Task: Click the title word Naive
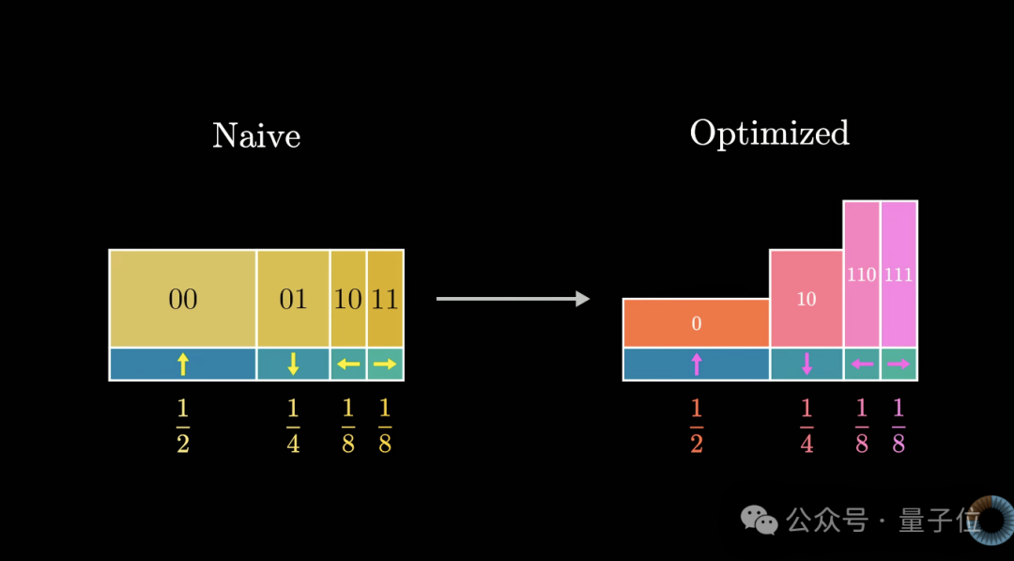256,136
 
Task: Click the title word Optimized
770,134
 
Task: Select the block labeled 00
183,299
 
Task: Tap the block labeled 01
294,299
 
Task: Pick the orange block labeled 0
697,323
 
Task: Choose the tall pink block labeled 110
861,274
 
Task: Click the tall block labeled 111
899,274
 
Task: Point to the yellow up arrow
183,365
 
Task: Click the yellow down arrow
294,365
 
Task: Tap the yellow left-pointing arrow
348,365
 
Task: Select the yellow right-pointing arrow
386,365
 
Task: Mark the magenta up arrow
697,365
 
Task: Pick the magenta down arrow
807,365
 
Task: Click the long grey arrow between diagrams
513,299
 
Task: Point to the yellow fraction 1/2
183,426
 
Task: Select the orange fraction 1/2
697,426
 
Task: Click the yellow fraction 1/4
294,426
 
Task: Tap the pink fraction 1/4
807,426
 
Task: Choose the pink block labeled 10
807,299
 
